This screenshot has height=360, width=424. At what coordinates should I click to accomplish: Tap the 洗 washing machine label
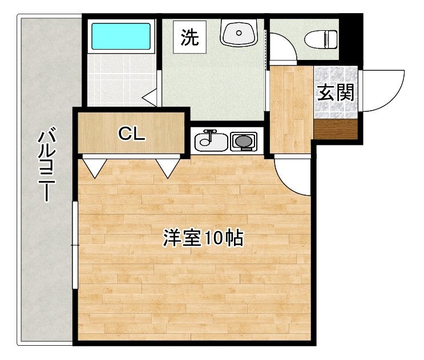click(189, 38)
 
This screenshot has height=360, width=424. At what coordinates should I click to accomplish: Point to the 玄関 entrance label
click(336, 92)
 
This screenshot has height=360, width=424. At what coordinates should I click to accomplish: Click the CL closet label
click(132, 134)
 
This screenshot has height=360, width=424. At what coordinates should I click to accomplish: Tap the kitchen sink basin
click(210, 141)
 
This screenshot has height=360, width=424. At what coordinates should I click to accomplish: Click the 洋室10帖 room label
click(203, 238)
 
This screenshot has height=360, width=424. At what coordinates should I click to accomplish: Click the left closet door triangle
click(94, 165)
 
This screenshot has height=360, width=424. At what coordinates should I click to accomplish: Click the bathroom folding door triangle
click(150, 98)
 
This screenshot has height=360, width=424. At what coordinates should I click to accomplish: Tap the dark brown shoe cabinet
click(336, 130)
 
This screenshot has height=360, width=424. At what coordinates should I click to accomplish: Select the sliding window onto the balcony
click(74, 245)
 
